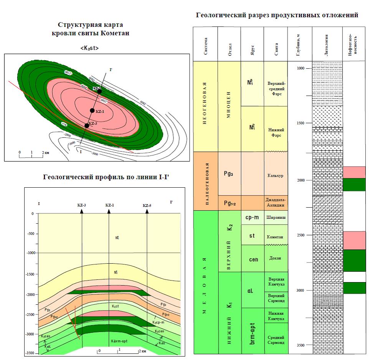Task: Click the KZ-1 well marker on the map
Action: [92, 111]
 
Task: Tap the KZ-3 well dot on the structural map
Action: [87, 126]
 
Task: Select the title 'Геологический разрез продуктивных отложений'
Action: [277, 16]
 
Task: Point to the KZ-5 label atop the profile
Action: [147, 206]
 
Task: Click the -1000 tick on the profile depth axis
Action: [30, 253]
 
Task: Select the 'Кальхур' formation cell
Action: [275, 176]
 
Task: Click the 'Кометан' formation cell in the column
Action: [275, 235]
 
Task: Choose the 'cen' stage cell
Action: [252, 259]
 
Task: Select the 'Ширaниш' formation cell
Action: [275, 217]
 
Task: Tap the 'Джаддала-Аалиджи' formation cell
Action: [275, 203]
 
